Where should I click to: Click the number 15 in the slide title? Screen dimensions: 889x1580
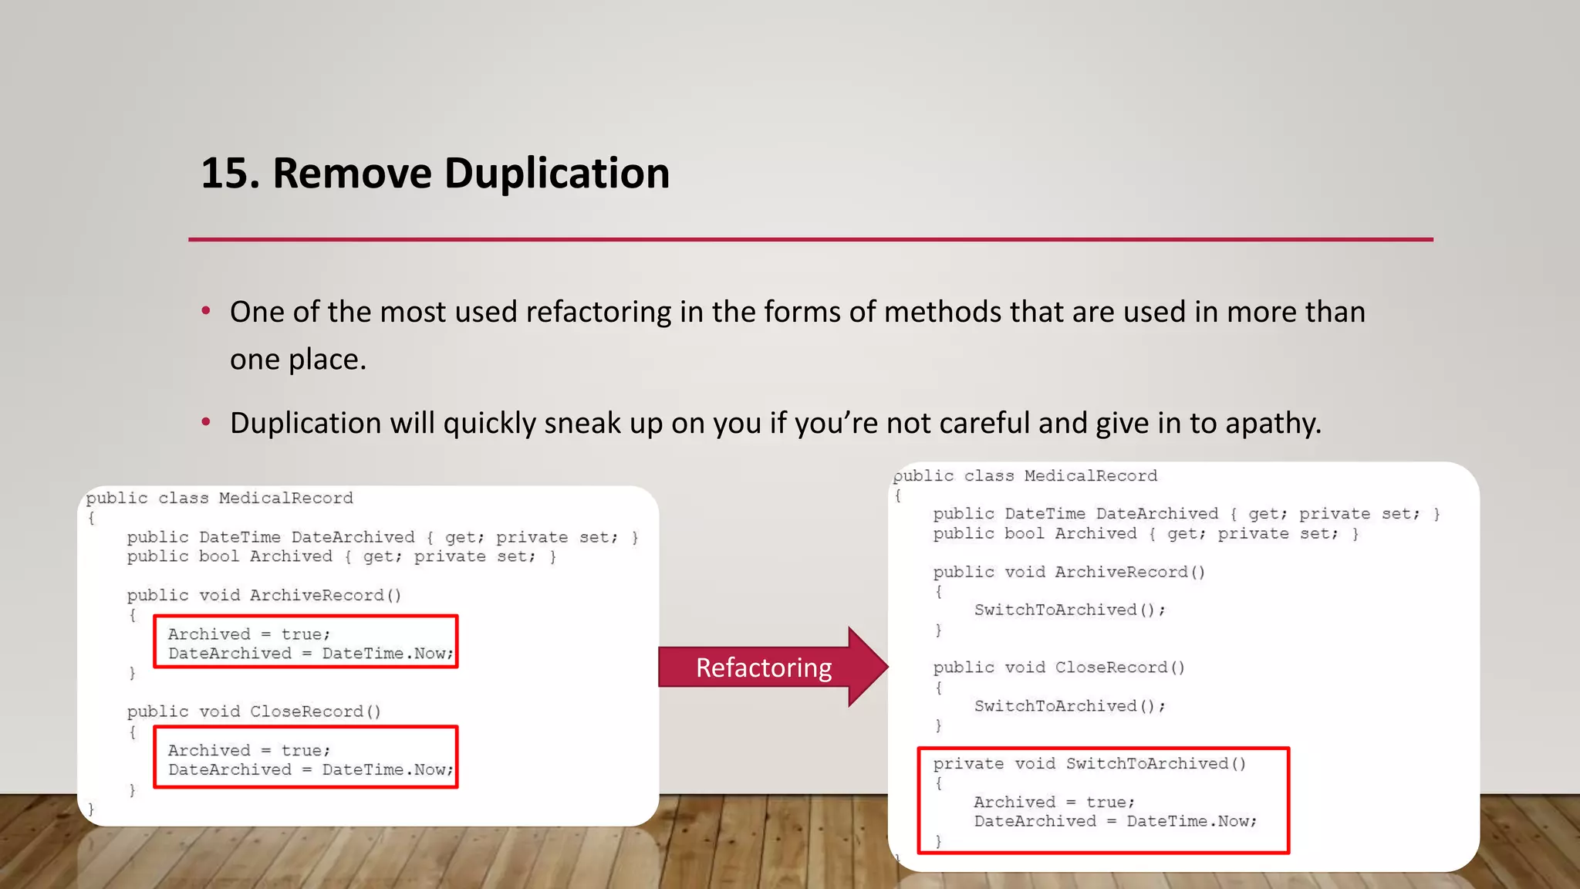pos(225,173)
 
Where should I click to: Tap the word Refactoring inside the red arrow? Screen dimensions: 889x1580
pos(764,668)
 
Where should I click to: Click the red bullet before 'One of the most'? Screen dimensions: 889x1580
pos(206,311)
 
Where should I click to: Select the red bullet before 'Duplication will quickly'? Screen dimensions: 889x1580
pos(206,422)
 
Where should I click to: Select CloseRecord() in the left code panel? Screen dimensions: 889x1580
pos(316,712)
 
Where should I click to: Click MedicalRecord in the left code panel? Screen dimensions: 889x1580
pos(285,499)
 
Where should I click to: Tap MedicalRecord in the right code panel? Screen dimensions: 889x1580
pos(1091,476)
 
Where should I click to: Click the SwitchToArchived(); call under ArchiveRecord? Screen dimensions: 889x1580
pos(1069,610)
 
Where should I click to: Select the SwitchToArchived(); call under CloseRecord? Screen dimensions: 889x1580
pos(1069,706)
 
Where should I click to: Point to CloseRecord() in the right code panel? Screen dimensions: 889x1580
pos(1119,668)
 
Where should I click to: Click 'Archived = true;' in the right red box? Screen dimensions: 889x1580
pos(1054,803)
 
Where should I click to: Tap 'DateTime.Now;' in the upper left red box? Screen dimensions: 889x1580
pos(387,654)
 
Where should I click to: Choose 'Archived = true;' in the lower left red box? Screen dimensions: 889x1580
pos(249,751)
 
